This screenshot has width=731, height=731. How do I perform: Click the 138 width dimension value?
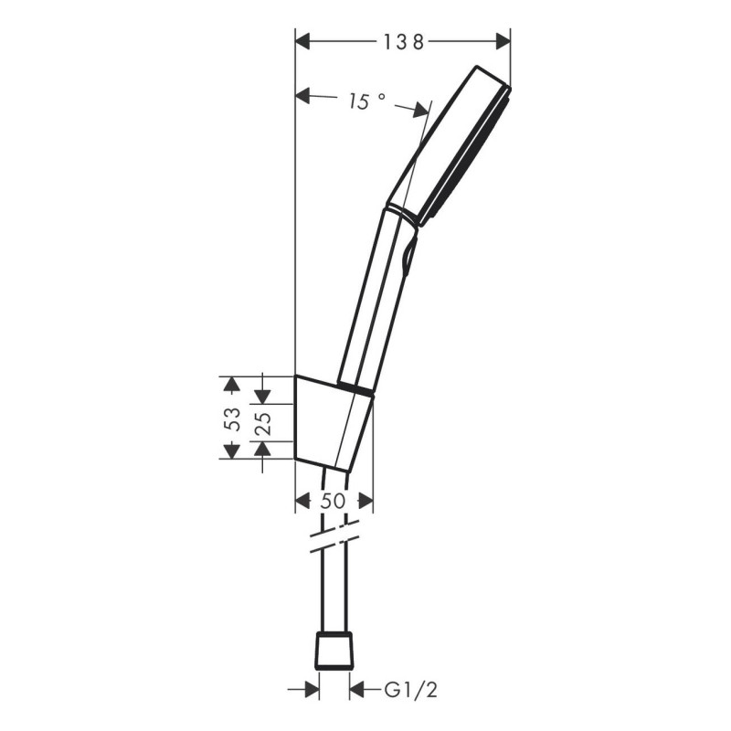pos(402,41)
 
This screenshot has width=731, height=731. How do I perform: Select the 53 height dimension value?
pos(234,418)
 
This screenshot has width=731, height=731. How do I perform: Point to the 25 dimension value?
pos(262,423)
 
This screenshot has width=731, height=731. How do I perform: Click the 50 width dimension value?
pos(334,501)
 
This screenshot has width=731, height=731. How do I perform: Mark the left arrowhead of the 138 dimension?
pos(302,41)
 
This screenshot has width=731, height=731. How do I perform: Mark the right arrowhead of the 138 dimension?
pos(502,41)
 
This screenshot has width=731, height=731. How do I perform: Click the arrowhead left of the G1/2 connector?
pos(310,688)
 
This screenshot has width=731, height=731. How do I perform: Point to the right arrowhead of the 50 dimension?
pos(365,501)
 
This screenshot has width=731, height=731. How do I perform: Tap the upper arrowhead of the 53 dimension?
pos(231,383)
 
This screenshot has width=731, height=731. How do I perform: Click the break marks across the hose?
pos(333,539)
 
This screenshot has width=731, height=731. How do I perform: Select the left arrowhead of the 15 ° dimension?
pos(304,94)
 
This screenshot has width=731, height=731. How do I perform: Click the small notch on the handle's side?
pos(408,251)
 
